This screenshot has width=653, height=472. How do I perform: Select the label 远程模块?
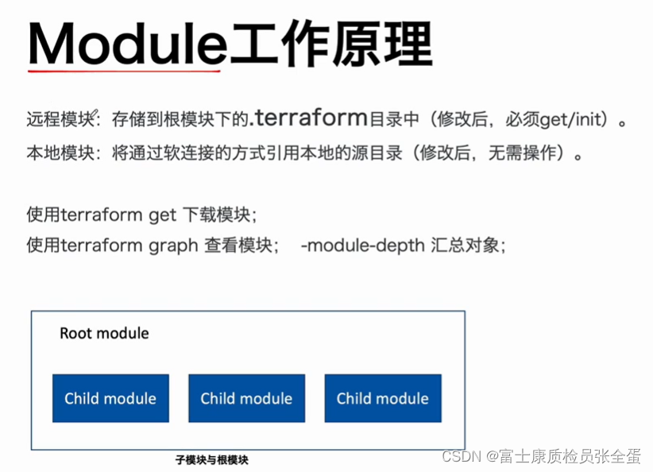tap(60, 120)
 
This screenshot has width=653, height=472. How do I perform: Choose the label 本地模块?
tap(60, 152)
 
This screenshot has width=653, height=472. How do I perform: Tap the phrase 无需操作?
tap(517, 152)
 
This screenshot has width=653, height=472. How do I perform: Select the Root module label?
tap(104, 333)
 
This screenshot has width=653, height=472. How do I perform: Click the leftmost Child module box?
tap(110, 398)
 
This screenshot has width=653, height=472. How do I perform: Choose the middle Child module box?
tap(246, 398)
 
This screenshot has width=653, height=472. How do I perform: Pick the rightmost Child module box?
tap(382, 398)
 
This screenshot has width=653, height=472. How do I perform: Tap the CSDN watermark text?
tap(458, 456)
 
